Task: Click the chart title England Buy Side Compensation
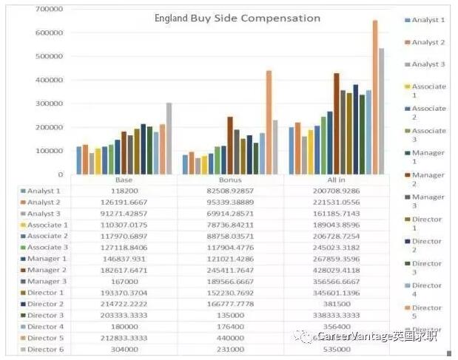coord(237,18)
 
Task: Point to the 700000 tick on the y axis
coord(49,8)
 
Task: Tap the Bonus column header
coord(231,180)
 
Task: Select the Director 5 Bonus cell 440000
coord(231,338)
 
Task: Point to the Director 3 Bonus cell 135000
coord(231,315)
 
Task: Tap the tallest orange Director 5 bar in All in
coord(375,96)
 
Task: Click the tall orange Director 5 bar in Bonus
coord(269,122)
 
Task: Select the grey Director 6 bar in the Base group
coord(169,138)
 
